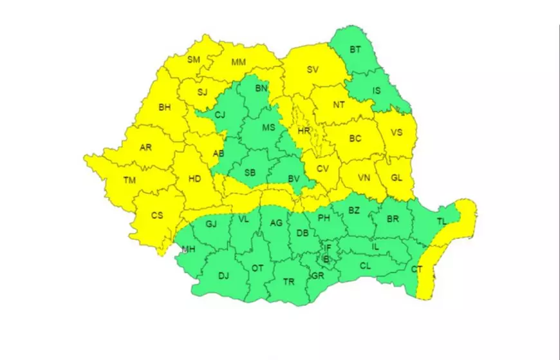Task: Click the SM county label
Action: (194, 60)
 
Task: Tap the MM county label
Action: (239, 62)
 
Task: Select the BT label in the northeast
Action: (355, 50)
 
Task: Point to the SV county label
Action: (313, 70)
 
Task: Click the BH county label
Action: (165, 107)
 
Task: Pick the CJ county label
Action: (220, 115)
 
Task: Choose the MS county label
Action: (268, 128)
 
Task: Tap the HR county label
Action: (304, 131)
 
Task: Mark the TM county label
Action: (130, 180)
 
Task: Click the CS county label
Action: (157, 216)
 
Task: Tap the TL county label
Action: (442, 221)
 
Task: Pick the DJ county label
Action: (223, 276)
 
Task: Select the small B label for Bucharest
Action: (326, 260)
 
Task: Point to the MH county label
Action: (189, 249)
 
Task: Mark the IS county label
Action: (377, 91)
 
